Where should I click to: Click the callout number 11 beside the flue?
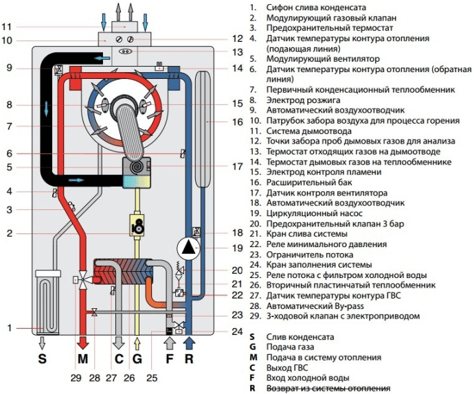pos(7,27)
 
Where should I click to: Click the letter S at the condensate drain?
pos(43,358)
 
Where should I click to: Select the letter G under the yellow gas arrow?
pos(137,358)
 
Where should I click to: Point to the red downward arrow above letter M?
pos(83,340)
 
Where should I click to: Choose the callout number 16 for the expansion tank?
pos(237,121)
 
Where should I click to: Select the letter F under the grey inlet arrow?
pos(170,358)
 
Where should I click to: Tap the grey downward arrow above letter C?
pos(117,340)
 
